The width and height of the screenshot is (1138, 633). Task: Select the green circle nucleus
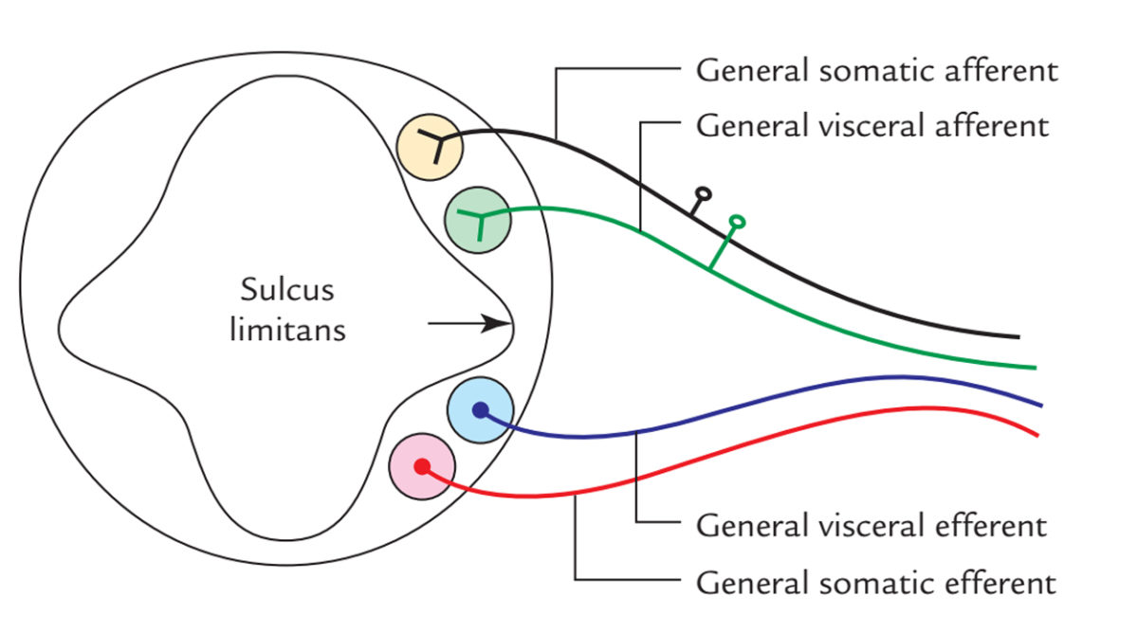point(478,220)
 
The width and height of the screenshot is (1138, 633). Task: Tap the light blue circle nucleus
point(480,409)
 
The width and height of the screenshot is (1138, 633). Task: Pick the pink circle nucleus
point(423,466)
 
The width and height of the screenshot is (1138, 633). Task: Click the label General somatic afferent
point(877,71)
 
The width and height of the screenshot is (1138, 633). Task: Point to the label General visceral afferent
point(872,125)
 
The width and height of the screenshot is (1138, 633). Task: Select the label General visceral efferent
point(871,526)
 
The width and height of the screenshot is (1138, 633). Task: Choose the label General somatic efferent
point(875,581)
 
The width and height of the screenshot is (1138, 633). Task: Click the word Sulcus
point(287,288)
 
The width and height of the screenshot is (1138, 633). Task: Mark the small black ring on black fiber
point(704,196)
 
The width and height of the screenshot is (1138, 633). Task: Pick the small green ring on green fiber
point(737,222)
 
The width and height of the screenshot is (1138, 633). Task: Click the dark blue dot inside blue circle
point(480,409)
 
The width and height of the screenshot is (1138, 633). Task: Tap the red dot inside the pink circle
point(423,466)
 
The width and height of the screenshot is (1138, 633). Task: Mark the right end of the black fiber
point(1018,336)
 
